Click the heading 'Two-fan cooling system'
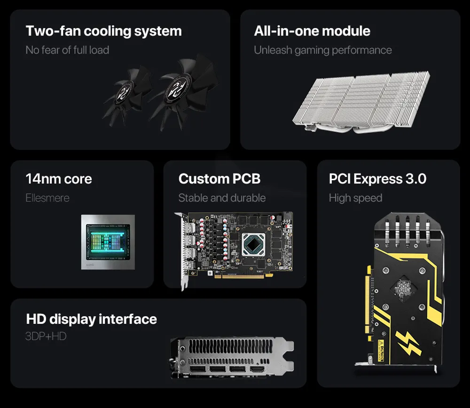coord(103,32)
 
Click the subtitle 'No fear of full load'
coord(67,50)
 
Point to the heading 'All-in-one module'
coord(312,32)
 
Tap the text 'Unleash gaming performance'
coord(323,50)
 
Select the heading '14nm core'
coord(59,179)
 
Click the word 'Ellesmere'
coord(47,198)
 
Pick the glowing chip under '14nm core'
coord(108,241)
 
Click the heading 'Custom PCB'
coord(219,179)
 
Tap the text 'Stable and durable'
coord(222,198)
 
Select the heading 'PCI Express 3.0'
coord(378,179)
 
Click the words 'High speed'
coord(355,198)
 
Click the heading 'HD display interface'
coord(92,319)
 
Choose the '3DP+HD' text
coord(46,336)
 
